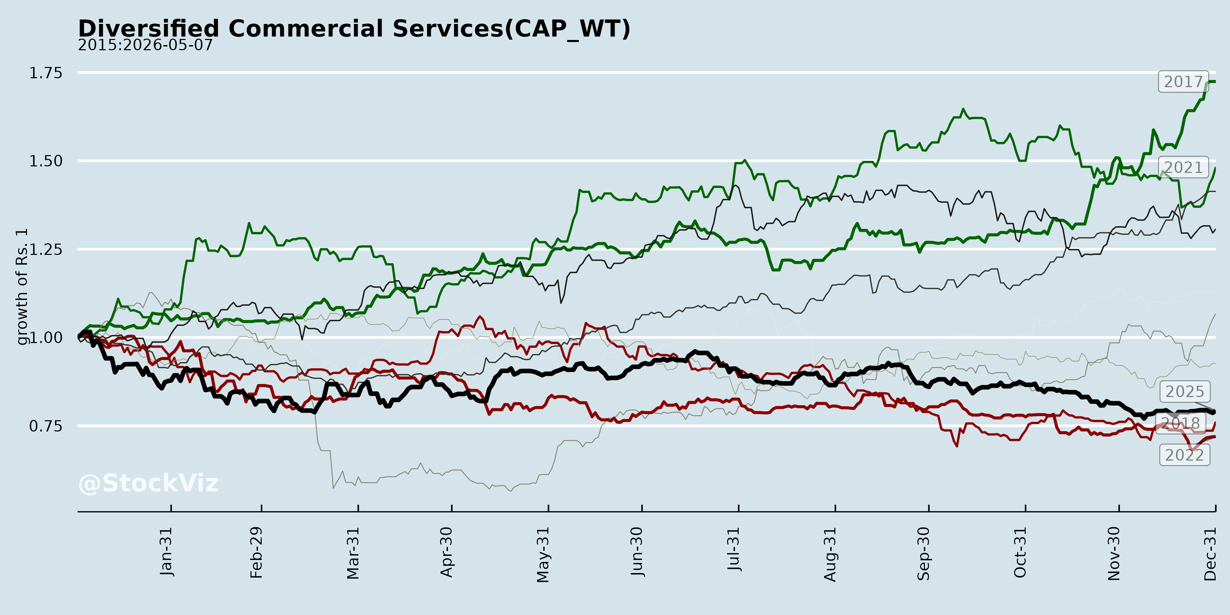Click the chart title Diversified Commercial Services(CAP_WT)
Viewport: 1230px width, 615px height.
click(354, 29)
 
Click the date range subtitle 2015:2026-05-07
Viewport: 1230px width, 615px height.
click(145, 45)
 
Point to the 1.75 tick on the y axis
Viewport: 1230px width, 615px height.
click(46, 73)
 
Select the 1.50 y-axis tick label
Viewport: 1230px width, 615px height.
click(46, 161)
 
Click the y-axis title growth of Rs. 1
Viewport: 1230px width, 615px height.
click(22, 287)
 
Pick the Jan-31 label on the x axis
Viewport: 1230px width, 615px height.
click(166, 551)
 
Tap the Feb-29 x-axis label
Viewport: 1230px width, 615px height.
click(256, 552)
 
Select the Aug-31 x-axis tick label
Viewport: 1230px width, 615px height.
click(830, 554)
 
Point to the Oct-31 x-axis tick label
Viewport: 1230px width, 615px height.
click(1020, 552)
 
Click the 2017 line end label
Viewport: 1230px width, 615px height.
click(1183, 82)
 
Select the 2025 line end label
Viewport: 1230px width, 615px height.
click(1185, 392)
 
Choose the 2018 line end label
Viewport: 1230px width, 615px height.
click(1181, 423)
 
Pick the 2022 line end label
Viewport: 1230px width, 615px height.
click(1185, 455)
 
